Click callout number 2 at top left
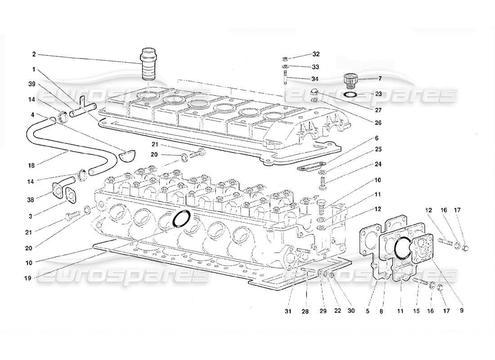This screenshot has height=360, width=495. [34, 54]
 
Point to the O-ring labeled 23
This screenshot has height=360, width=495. [351, 95]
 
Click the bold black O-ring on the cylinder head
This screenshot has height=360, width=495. [181, 218]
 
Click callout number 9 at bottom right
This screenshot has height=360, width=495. [462, 310]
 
